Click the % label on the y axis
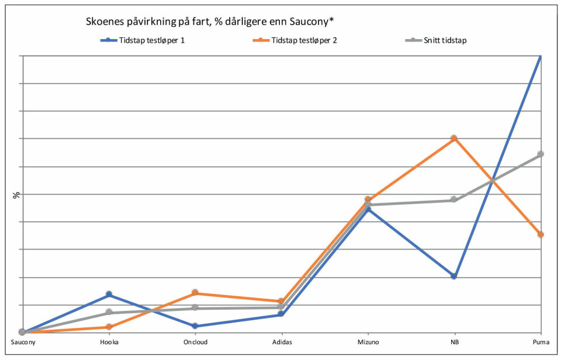tap(16, 195)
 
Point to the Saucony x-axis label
tap(22, 342)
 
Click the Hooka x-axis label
tap(109, 342)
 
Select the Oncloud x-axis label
tap(195, 342)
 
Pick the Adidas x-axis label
tap(282, 342)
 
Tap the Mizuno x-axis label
tap(368, 342)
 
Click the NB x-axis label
tap(454, 342)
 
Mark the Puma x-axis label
tap(541, 342)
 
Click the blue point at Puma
tap(541, 56)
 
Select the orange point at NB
tap(454, 139)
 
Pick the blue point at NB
tap(454, 276)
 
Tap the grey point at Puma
tap(541, 154)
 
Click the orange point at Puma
tap(541, 234)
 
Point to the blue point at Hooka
tap(109, 295)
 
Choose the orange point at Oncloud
tap(195, 292)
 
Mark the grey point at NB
tap(454, 200)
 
